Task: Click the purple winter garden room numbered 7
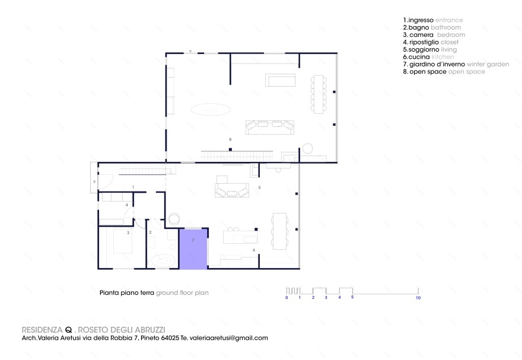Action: (x=193, y=249)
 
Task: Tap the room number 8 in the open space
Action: (x=230, y=139)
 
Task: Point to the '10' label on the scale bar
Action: (x=418, y=298)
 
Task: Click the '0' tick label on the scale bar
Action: (x=287, y=298)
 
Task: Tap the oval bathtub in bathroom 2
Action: (x=161, y=260)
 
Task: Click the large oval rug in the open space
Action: (x=210, y=109)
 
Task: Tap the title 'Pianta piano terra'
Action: (x=126, y=293)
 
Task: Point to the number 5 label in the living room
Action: (x=259, y=187)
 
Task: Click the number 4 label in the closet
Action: (x=126, y=205)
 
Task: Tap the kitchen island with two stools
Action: (x=240, y=236)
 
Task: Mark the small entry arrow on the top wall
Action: (x=190, y=52)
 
